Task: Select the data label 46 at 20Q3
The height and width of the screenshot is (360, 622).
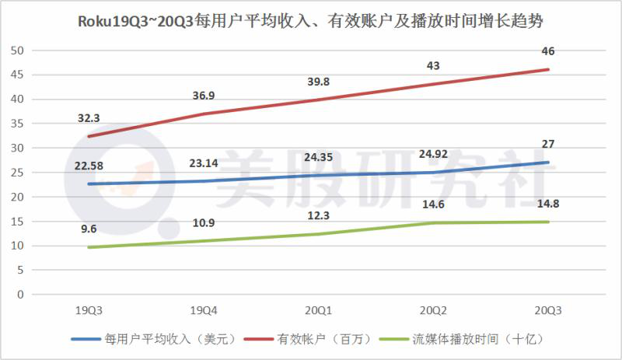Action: tap(548, 51)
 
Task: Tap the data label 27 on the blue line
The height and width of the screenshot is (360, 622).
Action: tap(548, 144)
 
